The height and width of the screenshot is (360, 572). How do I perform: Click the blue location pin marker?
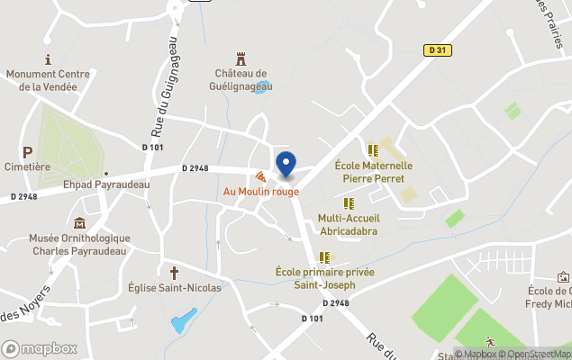(286, 164)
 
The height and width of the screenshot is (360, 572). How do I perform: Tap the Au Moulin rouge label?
(260, 192)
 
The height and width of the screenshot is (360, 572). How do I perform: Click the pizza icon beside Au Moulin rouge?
(260, 177)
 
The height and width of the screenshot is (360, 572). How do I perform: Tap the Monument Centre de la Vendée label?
(41, 80)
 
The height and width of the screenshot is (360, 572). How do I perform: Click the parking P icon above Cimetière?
(27, 153)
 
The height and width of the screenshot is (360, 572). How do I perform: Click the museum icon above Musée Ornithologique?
(80, 222)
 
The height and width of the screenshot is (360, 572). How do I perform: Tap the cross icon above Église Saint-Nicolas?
(174, 271)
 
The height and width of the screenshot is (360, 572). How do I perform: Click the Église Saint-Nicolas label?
(174, 287)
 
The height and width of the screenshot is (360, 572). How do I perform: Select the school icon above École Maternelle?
(373, 150)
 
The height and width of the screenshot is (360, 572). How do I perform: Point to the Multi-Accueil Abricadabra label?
(349, 224)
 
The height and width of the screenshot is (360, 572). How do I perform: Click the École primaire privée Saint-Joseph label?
(325, 278)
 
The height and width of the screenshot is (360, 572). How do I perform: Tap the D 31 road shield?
(436, 50)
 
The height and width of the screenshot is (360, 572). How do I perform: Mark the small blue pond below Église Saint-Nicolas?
(184, 319)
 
